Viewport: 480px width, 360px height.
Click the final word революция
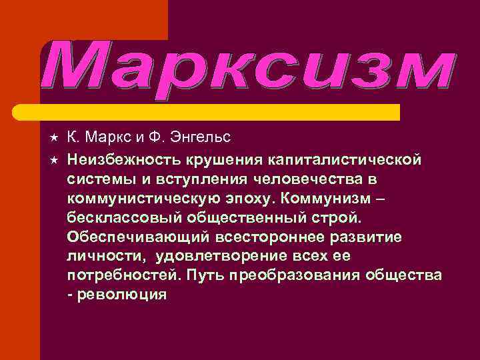point(121,295)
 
